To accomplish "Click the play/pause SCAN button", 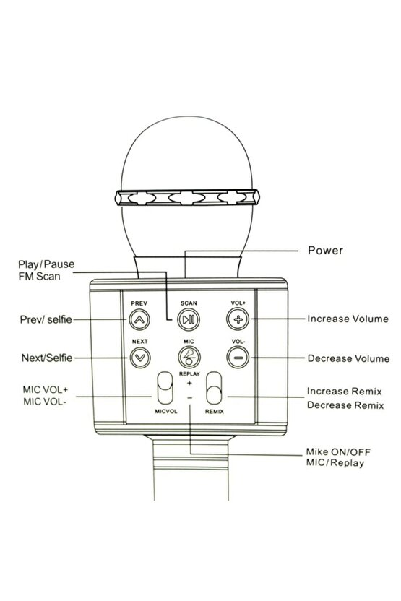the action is pos(189,319).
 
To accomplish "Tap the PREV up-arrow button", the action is pos(139,319).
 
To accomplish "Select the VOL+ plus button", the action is pos(238,319).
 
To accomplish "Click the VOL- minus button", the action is pos(238,358).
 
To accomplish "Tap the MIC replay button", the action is pos(189,358).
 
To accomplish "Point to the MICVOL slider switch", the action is pos(165,387).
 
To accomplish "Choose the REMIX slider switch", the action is pos(214,387).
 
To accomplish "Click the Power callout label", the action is pos(325,250).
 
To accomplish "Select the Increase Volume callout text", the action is pos(348,319).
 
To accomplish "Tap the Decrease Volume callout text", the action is pos(348,358).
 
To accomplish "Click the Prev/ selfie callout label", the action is pos(46,319).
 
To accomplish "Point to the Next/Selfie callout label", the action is pos(47,358).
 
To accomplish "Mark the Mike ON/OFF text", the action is pos(338,452).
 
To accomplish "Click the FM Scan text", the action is pos(39,276).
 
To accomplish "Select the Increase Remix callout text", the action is pos(344,392).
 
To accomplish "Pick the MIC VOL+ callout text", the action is pos(46,390).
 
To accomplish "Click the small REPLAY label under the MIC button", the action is pos(189,373).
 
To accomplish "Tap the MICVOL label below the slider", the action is pos(166,411).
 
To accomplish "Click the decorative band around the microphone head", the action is pos(187,197).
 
